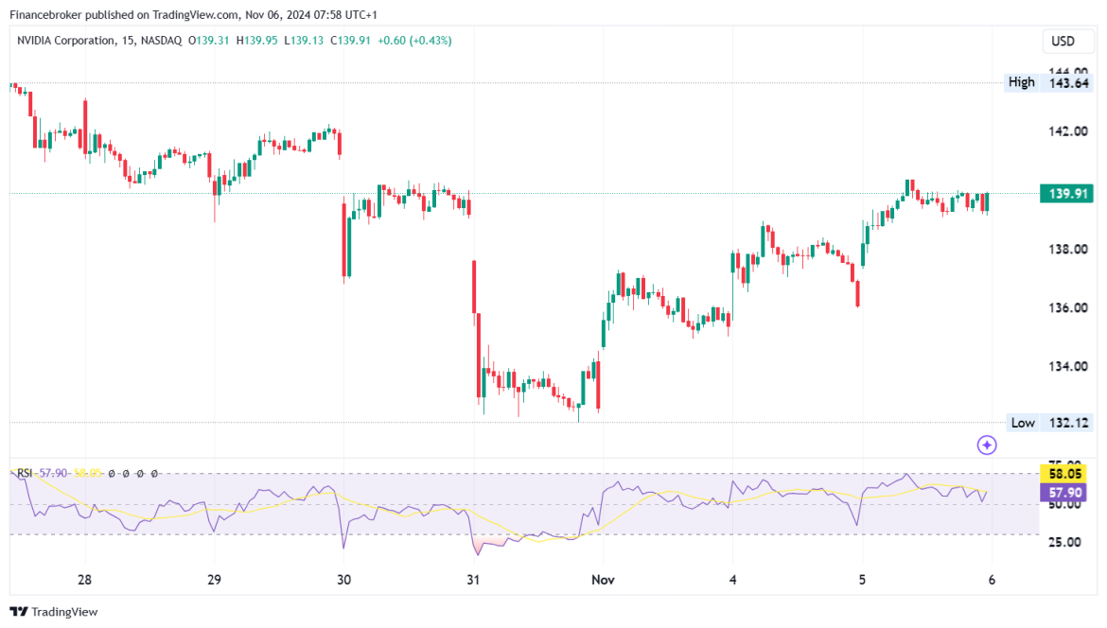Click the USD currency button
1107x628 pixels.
[1063, 42]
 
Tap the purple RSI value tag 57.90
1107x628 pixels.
[1063, 493]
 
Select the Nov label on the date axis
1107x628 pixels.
[603, 581]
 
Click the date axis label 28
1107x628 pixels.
[84, 581]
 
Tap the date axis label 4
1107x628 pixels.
[733, 581]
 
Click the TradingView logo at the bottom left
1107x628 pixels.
[54, 612]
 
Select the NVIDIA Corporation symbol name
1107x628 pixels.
[74, 41]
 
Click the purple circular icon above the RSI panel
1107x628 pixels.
[987, 445]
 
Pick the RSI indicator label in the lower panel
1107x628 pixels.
[26, 473]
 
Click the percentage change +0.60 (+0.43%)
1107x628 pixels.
[415, 41]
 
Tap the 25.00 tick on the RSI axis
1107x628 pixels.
[1063, 542]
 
